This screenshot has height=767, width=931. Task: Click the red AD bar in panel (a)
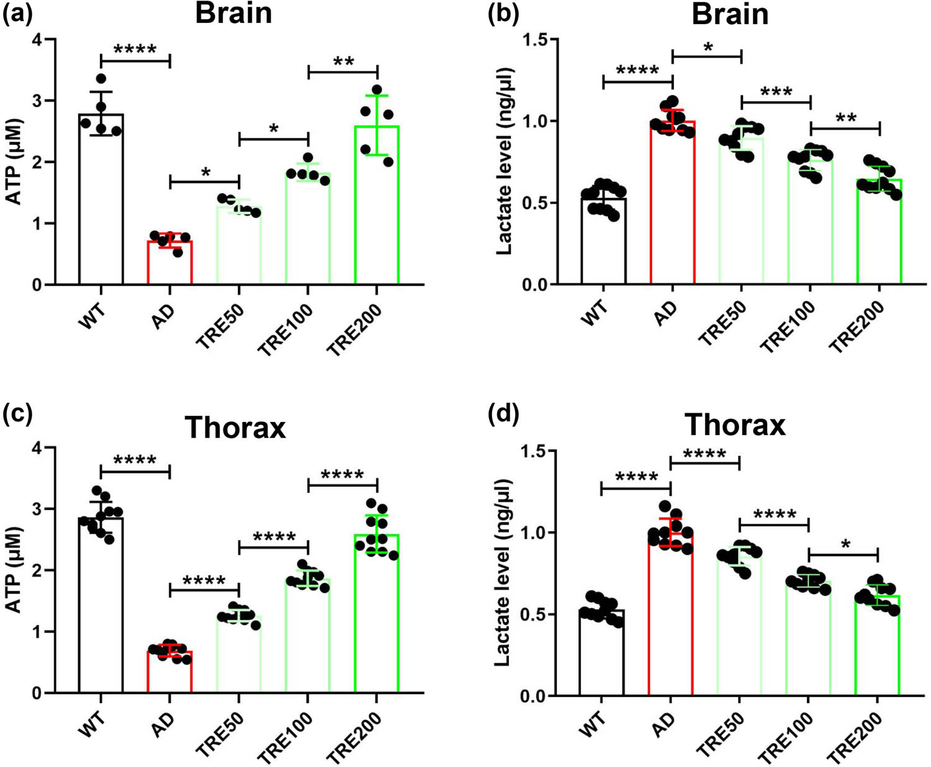(x=169, y=264)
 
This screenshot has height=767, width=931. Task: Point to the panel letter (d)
(x=503, y=414)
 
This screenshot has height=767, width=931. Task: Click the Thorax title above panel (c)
(x=235, y=428)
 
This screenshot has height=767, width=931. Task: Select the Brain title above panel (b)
(x=730, y=14)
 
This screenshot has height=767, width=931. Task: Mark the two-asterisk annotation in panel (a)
(x=343, y=61)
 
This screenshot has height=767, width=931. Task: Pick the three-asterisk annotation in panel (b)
(x=776, y=92)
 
